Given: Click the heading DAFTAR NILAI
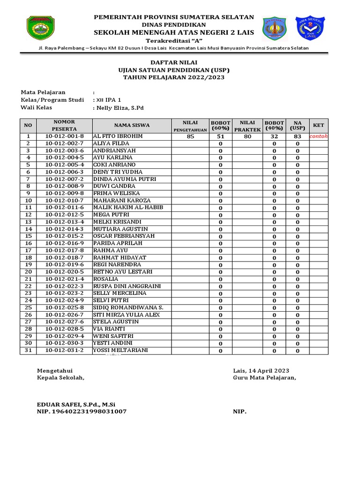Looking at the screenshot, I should pyautogui.click(x=173, y=62).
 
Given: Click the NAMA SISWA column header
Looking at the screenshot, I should pyautogui.click(x=132, y=125).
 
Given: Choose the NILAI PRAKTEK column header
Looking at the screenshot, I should pyautogui.click(x=247, y=126).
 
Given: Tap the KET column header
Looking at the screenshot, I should pyautogui.click(x=319, y=125).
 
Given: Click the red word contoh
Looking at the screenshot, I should pyautogui.click(x=319, y=136).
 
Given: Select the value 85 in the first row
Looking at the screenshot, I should pyautogui.click(x=190, y=137).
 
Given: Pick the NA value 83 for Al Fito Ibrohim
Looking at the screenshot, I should pyautogui.click(x=297, y=137).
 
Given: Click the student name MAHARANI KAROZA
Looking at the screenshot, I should pyautogui.click(x=122, y=201).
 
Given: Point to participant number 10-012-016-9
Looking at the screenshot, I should pyautogui.click(x=64, y=243).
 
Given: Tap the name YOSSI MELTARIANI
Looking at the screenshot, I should pyautogui.click(x=120, y=350).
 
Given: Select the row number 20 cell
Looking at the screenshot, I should pyautogui.click(x=28, y=272).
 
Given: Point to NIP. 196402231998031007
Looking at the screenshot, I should pyautogui.click(x=82, y=412).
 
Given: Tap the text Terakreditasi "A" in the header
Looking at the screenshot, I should pyautogui.click(x=173, y=40).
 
